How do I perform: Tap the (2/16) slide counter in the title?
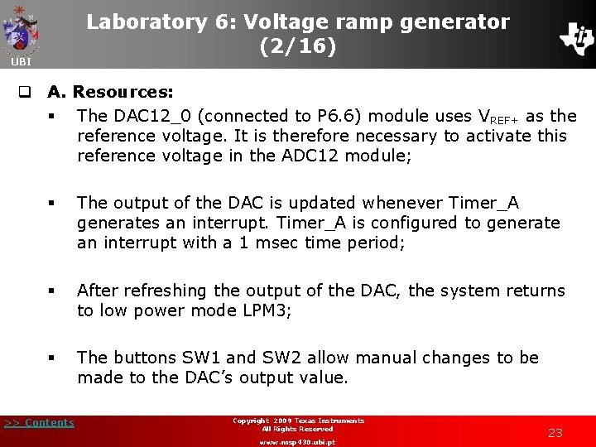(x=298, y=47)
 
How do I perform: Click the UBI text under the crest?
(x=19, y=62)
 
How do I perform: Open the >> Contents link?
(x=39, y=423)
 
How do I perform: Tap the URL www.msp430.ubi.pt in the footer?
(x=297, y=442)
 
